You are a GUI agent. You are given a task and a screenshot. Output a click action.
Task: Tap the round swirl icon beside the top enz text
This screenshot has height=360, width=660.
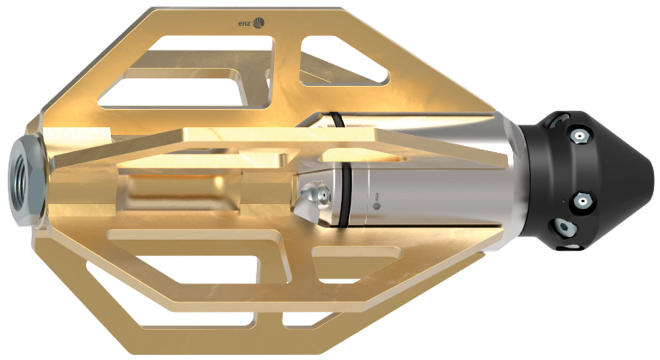(x=259, y=22)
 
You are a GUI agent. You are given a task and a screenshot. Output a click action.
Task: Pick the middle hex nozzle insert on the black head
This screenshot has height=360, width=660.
(x=583, y=202)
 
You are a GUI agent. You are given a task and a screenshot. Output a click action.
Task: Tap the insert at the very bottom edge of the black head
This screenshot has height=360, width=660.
(x=571, y=246)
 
